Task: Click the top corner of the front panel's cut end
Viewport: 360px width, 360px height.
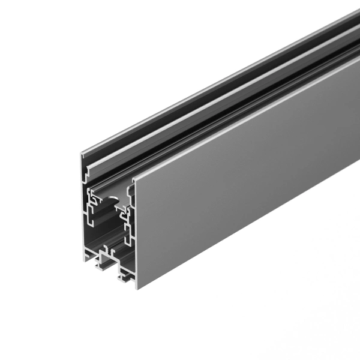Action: click(133, 179)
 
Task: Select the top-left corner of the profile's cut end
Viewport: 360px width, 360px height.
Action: click(80, 153)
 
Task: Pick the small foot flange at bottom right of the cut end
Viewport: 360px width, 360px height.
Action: click(127, 278)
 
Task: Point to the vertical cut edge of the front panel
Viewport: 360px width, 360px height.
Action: click(134, 234)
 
